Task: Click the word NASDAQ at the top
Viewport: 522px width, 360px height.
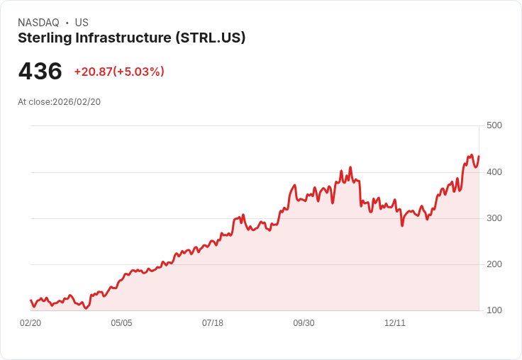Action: [x=38, y=23]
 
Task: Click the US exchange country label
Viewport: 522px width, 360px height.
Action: [x=82, y=23]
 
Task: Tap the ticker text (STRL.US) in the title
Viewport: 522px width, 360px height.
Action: [x=210, y=38]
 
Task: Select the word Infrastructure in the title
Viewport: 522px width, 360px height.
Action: [x=125, y=38]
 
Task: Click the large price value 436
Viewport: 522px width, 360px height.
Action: [x=40, y=72]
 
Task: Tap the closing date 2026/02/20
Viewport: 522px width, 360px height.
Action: [x=77, y=102]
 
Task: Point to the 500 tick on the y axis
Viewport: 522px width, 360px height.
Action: [x=494, y=125]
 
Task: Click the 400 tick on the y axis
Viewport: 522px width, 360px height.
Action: [x=494, y=172]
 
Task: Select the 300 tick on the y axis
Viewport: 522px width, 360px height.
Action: [x=494, y=218]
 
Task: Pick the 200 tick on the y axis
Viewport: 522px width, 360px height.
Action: [x=494, y=264]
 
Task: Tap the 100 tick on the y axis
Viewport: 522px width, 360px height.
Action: [x=494, y=310]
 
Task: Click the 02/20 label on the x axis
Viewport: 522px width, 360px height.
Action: [x=30, y=323]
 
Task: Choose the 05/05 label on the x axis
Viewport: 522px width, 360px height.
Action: [x=121, y=323]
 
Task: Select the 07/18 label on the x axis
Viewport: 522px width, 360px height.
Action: [x=213, y=323]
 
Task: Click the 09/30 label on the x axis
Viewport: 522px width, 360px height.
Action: [x=304, y=323]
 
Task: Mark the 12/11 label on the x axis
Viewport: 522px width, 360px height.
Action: [x=395, y=323]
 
